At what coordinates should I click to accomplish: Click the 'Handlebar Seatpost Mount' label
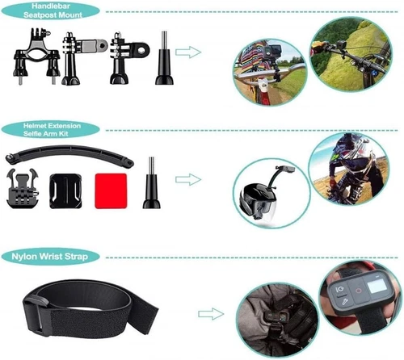pos(52,11)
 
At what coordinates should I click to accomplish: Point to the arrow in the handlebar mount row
pos(188,52)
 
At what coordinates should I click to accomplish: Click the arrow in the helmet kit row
pos(188,178)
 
